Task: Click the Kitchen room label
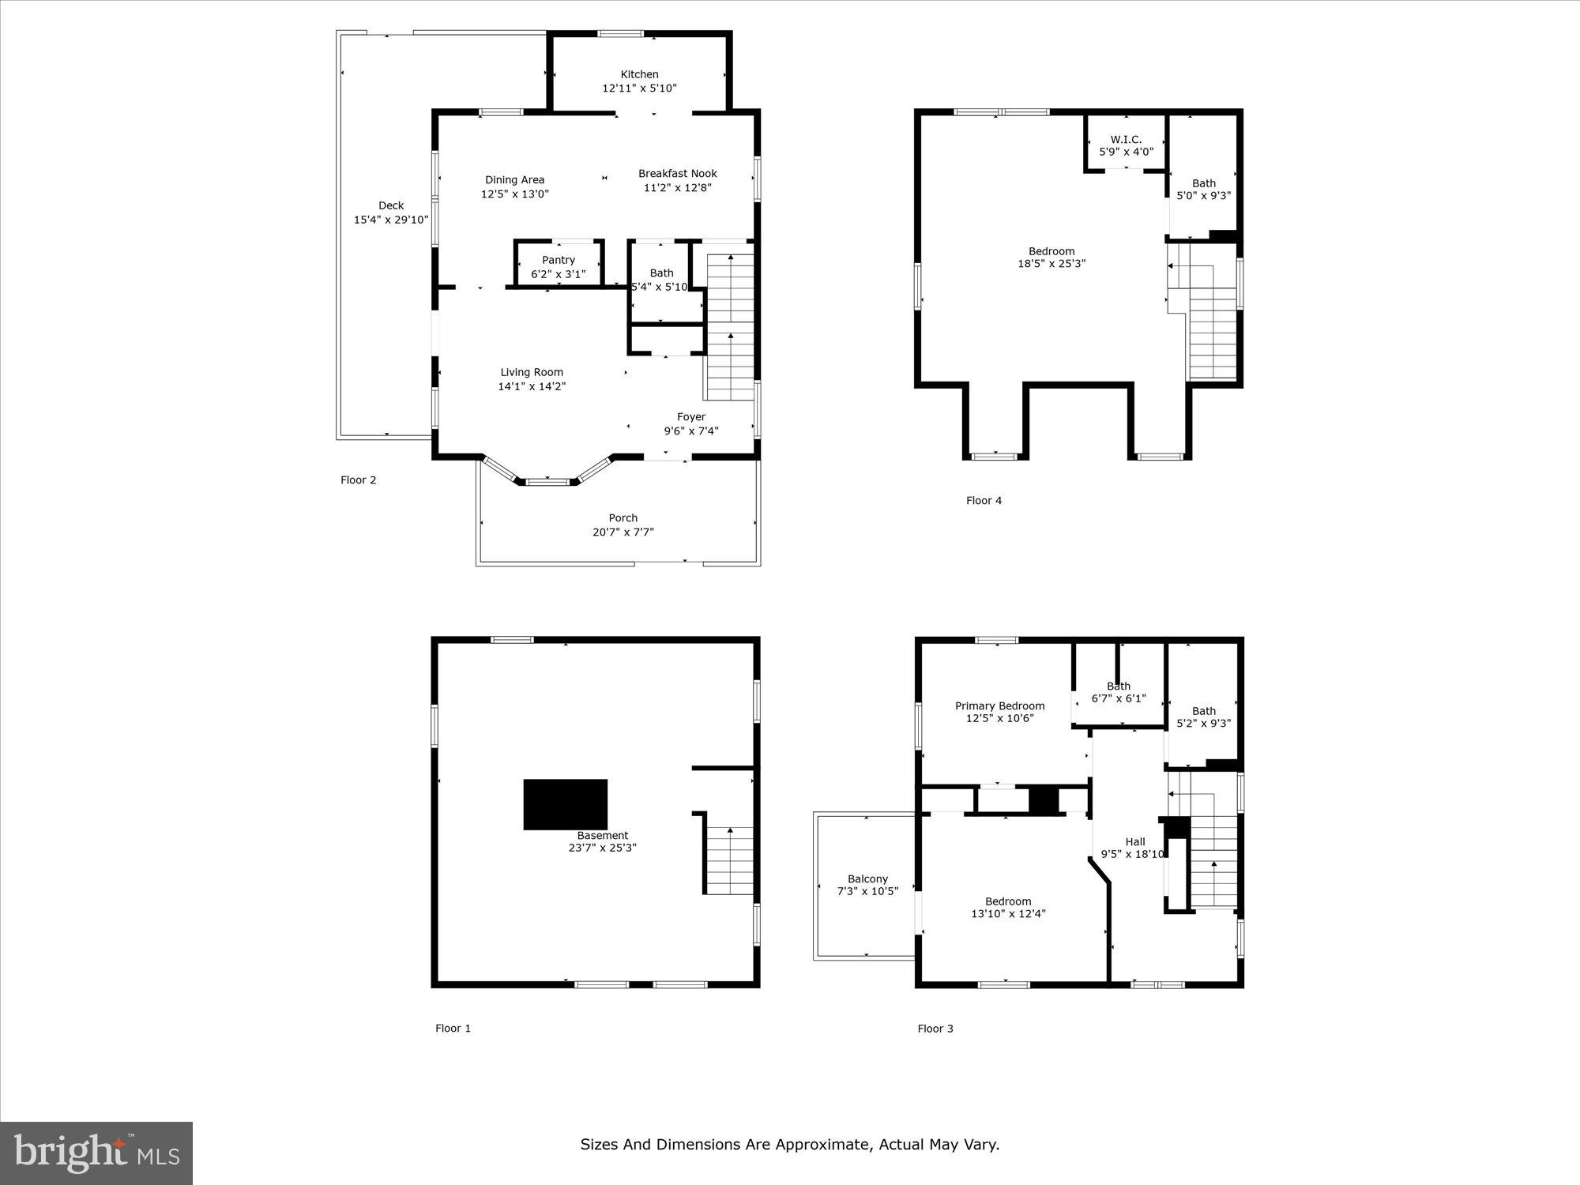639,74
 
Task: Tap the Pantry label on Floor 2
559,260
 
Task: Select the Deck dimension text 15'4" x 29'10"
391,220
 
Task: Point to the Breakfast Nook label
677,174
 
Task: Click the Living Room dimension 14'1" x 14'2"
532,386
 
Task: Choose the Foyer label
690,417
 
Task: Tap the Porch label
623,518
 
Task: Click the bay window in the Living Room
547,480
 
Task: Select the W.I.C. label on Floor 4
1126,140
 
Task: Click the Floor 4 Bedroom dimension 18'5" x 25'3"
1051,264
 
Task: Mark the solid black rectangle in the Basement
565,804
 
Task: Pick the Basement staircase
729,861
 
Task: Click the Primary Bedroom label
999,706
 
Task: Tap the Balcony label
867,878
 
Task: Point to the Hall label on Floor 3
1135,842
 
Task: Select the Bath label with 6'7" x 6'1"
1118,687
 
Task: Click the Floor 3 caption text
935,1029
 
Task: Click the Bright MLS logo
96,1153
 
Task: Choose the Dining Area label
514,180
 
